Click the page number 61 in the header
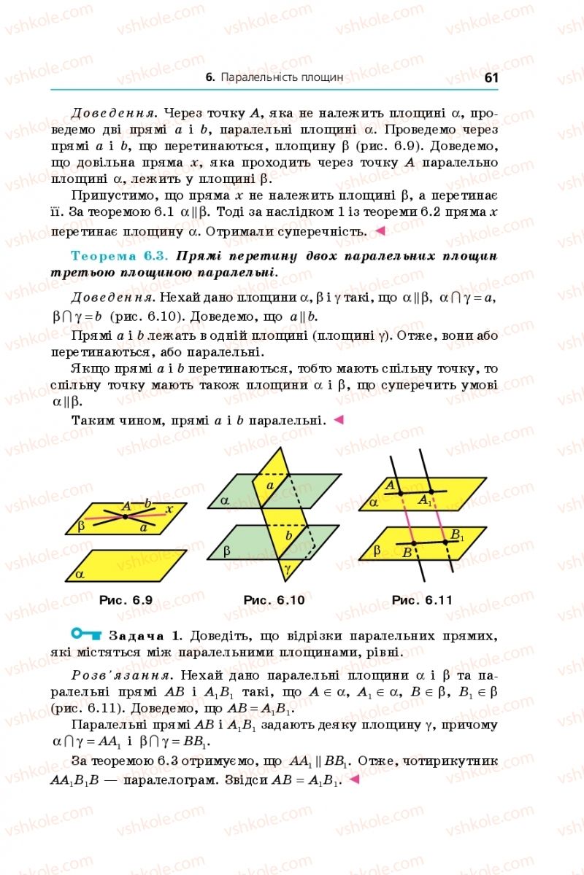click(x=490, y=77)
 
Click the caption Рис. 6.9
click(x=126, y=600)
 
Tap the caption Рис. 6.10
click(x=274, y=600)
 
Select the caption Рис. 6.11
click(x=422, y=600)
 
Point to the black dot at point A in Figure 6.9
click(x=126, y=516)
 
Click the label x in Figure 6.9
click(x=169, y=509)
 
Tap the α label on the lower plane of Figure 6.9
click(x=80, y=574)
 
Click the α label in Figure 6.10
click(x=225, y=501)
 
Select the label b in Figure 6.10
click(x=288, y=536)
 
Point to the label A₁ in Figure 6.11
click(x=425, y=501)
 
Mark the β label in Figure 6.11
click(x=377, y=551)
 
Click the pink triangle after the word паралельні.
click(x=338, y=420)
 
